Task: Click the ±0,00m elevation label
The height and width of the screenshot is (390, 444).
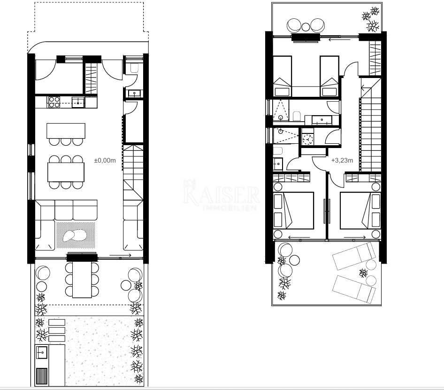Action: pos(105,160)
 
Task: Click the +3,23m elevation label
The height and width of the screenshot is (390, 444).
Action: pos(342,160)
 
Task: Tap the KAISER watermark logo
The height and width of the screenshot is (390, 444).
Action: pos(221,195)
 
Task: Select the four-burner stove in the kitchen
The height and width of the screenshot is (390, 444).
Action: pos(54,102)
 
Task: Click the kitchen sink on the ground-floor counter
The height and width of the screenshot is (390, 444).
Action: pos(78,102)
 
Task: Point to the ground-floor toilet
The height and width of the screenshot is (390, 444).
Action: pos(134,68)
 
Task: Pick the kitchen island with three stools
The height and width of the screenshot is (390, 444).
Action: pos(66,134)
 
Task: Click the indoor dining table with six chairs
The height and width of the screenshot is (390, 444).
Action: pos(66,172)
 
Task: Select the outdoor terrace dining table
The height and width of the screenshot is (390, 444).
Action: pos(82,280)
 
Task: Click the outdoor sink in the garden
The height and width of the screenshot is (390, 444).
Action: pos(41,352)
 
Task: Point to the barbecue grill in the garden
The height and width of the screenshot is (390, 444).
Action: pos(42,376)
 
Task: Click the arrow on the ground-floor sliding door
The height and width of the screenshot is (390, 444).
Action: pos(120,255)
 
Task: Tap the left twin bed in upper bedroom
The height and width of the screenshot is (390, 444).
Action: pos(283,77)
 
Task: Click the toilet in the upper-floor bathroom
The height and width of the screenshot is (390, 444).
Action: pos(297,116)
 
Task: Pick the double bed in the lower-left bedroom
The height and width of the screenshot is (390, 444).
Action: pos(294,211)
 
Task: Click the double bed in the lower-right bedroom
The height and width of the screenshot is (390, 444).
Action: pos(360,211)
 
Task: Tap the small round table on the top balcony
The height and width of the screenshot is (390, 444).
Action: pos(306,27)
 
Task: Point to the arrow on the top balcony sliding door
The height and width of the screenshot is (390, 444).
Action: pos(339,39)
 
